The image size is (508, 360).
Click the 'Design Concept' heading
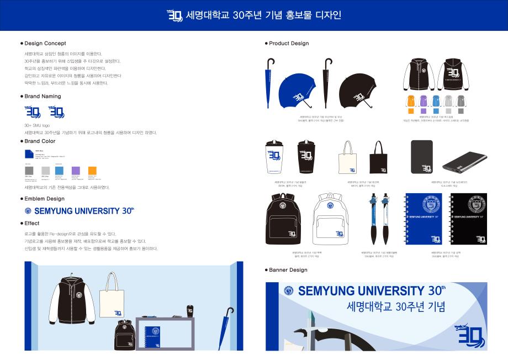point(45,43)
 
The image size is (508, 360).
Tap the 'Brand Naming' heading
point(43,96)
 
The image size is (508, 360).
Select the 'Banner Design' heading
point(288,270)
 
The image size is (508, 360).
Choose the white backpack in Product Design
point(330,219)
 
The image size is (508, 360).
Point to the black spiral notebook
point(469,219)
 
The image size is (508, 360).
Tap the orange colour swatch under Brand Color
point(92,171)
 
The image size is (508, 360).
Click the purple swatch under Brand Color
point(76,171)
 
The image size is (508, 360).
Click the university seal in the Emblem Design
point(29,210)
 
